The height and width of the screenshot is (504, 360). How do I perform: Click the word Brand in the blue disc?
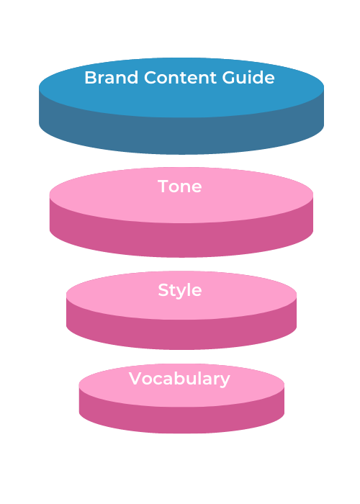[111, 78]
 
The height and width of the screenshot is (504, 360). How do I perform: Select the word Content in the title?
[180, 78]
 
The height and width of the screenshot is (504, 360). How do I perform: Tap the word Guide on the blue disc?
[248, 78]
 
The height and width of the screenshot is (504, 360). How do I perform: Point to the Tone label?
[180, 186]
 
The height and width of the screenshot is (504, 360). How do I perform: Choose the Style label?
[180, 291]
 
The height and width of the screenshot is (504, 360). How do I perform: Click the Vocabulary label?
[179, 379]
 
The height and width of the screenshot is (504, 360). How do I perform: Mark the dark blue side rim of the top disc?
[181, 135]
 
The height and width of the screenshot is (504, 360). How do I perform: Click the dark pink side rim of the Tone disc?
[181, 240]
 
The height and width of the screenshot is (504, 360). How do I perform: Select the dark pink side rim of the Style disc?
[181, 334]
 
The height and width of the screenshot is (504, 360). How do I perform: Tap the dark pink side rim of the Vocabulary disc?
[181, 420]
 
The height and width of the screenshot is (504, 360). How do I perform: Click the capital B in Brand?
[91, 78]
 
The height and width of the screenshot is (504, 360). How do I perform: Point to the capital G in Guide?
[228, 78]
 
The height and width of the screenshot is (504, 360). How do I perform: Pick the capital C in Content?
[150, 78]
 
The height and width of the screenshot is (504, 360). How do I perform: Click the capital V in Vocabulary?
[135, 378]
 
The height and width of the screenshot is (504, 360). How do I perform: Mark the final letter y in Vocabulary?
[225, 381]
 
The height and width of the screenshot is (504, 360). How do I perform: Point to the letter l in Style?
[188, 289]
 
